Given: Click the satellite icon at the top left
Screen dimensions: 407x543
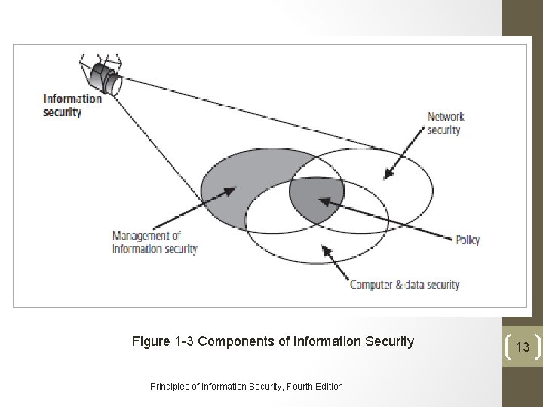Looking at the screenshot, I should (x=103, y=75).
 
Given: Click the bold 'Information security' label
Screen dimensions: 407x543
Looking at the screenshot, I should (x=72, y=105).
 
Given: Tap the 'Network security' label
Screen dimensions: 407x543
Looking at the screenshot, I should (x=445, y=123).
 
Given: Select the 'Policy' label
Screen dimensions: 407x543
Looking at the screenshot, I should (x=468, y=240).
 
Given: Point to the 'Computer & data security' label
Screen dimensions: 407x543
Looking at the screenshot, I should (x=404, y=285).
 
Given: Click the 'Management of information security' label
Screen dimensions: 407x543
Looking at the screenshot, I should (x=155, y=243).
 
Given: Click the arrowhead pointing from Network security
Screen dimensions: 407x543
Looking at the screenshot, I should (x=388, y=176).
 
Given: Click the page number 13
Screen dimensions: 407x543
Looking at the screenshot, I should (x=523, y=347).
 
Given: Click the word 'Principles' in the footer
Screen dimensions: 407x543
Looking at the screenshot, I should (x=170, y=387).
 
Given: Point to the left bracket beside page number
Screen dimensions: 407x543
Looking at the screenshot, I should (x=508, y=347).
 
